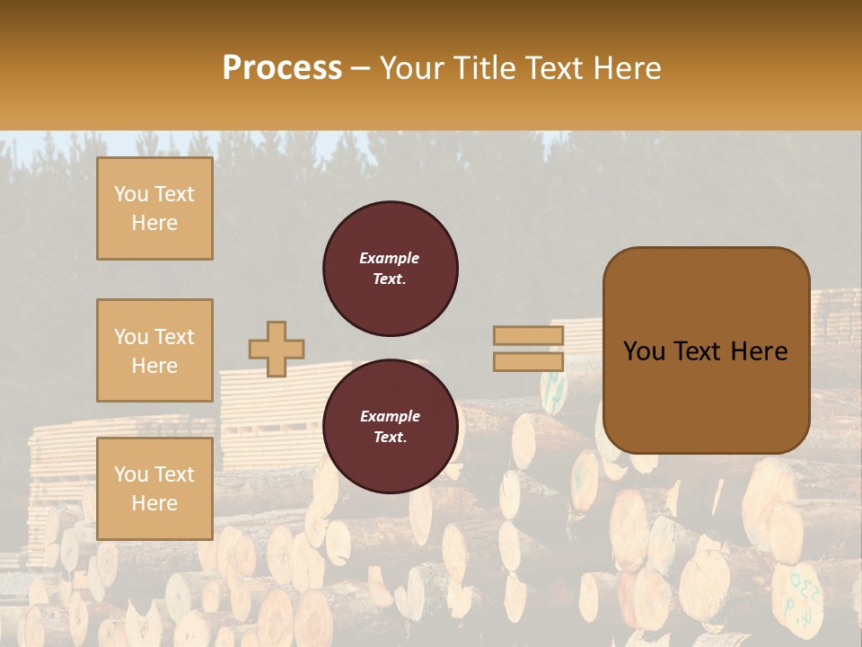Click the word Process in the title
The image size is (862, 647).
click(x=282, y=68)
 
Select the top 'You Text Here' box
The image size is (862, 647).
click(x=154, y=208)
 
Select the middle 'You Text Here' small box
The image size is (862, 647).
click(x=154, y=350)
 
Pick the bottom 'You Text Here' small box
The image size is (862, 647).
click(x=154, y=488)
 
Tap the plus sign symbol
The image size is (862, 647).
click(x=277, y=349)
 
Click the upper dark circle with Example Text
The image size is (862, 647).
click(x=391, y=269)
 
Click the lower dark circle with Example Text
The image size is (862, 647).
click(x=391, y=427)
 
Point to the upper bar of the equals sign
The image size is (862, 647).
click(x=529, y=335)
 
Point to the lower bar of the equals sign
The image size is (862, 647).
click(x=529, y=361)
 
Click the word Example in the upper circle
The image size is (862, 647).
click(x=390, y=258)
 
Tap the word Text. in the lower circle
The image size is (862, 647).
click(x=390, y=438)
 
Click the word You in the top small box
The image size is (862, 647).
click(x=131, y=194)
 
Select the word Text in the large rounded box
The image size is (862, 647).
click(x=697, y=351)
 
